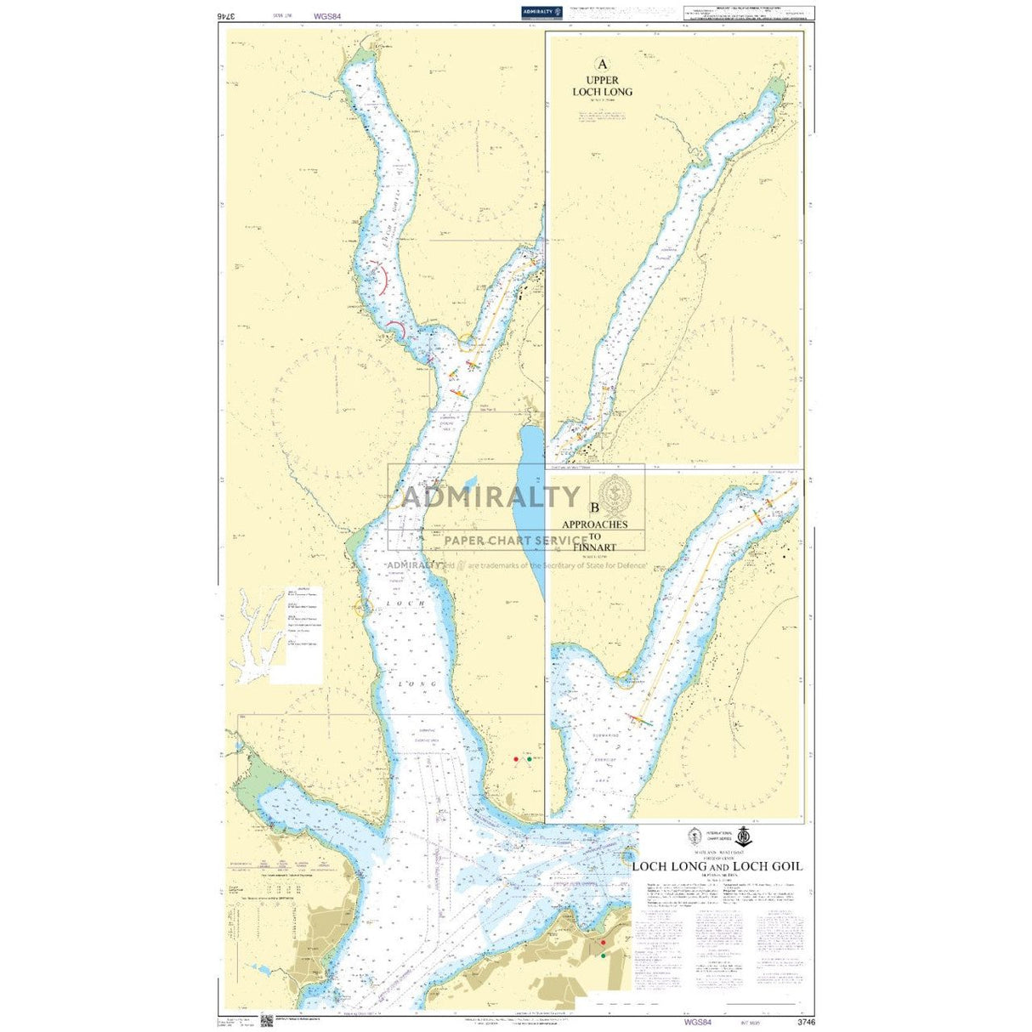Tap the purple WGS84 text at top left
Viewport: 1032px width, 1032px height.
tap(327, 14)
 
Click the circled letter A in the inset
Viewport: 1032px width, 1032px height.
tap(603, 64)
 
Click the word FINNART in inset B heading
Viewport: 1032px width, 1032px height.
tap(594, 547)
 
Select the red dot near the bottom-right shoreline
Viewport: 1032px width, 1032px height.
tap(603, 943)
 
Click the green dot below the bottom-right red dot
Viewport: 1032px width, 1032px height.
tap(603, 956)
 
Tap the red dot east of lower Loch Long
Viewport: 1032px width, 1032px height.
tap(516, 758)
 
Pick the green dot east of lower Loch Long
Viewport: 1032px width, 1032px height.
tap(530, 758)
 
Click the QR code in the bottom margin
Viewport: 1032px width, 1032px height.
tap(266, 1020)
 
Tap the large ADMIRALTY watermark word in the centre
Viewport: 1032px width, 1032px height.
tap(490, 496)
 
